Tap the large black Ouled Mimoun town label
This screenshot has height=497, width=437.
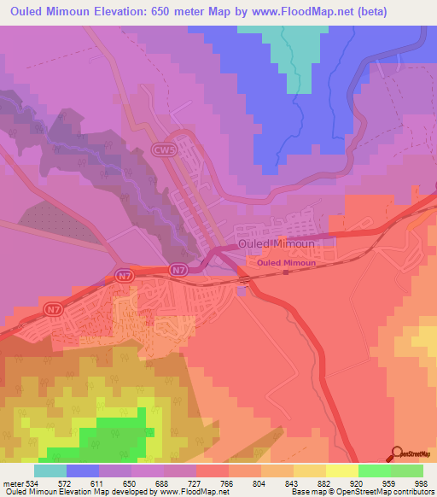tap(277, 244)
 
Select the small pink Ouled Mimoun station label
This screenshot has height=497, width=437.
tap(287, 263)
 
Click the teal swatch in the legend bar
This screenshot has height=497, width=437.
tap(50, 471)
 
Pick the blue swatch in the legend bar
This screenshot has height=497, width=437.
tap(83, 471)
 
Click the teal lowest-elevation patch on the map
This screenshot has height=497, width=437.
tap(294, 51)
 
